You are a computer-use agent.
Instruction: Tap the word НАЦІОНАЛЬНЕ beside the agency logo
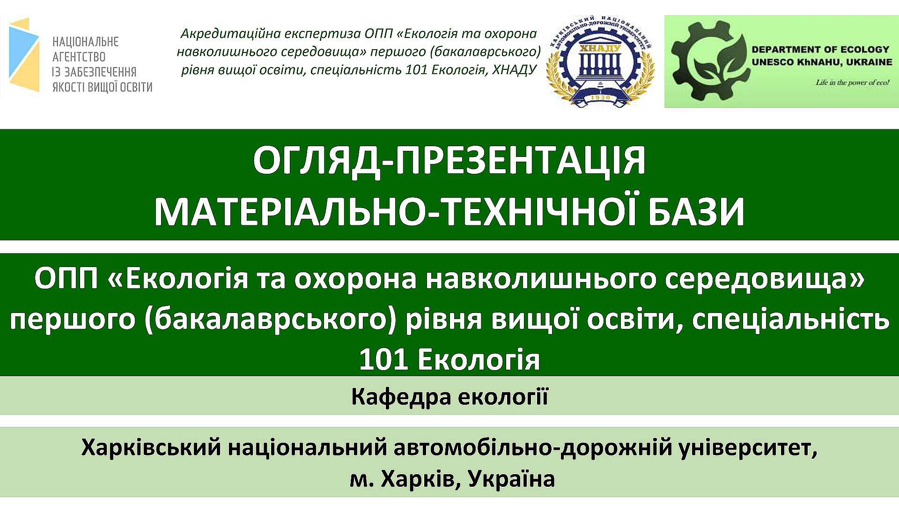point(86,42)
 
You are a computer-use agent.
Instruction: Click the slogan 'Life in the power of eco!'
point(853,83)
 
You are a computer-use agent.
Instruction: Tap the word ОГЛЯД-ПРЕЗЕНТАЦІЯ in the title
point(449,160)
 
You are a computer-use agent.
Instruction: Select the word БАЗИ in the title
point(696,212)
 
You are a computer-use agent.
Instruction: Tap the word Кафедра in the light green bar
point(400,397)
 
